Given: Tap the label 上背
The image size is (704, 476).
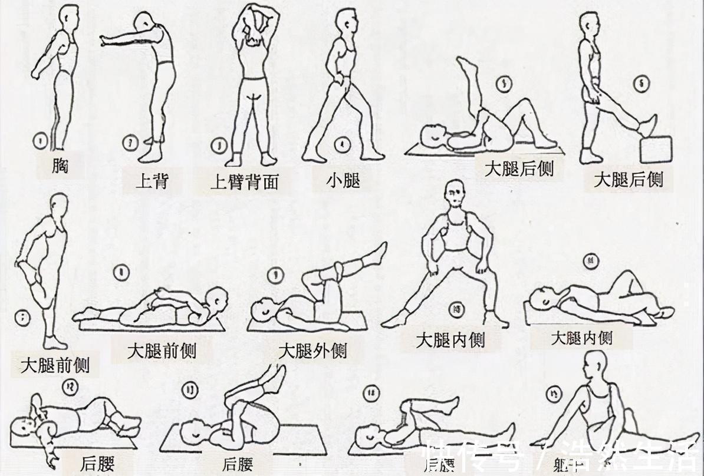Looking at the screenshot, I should tap(152, 180).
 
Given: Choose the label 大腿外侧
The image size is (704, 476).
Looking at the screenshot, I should tap(312, 352).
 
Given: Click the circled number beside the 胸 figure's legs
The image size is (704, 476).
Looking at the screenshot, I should tap(40, 141).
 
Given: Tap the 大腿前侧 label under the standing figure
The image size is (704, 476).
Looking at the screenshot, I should tap(55, 366).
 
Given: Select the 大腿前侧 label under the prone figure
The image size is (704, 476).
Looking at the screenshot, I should tap(162, 352).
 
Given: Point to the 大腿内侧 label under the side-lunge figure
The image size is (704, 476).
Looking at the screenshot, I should tap(450, 341).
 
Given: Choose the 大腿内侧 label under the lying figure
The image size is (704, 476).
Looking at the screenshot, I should tap(581, 338).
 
